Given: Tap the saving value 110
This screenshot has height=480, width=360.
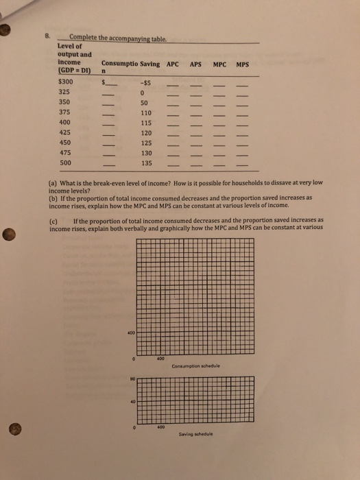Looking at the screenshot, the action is tap(145, 112).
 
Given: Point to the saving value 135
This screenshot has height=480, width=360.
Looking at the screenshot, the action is tap(145, 163).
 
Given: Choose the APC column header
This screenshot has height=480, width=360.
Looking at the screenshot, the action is tap(173, 64).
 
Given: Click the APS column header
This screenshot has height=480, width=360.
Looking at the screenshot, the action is tap(195, 64).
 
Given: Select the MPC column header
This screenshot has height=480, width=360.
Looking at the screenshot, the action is tap(219, 64).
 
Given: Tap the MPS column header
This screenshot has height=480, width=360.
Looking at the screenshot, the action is tap(242, 64).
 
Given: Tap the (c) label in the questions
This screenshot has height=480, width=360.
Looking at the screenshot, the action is tap(54, 221).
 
